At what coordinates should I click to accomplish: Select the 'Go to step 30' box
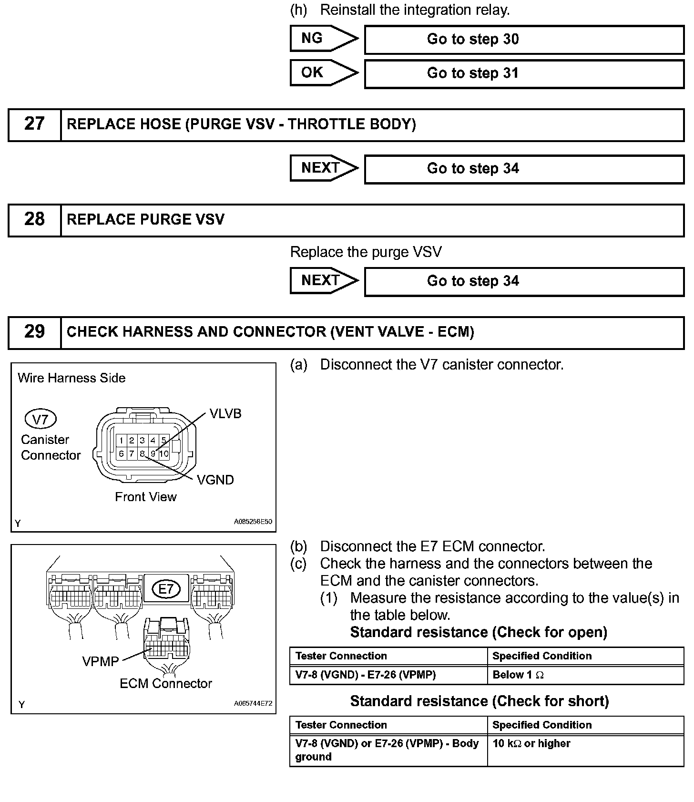click(x=524, y=40)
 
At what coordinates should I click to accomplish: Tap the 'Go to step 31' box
click(x=524, y=73)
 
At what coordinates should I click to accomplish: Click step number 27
click(x=34, y=124)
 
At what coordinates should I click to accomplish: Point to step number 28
click(x=34, y=219)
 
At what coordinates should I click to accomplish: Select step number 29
click(x=34, y=332)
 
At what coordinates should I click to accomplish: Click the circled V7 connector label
click(x=41, y=419)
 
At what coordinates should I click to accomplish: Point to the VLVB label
click(x=225, y=414)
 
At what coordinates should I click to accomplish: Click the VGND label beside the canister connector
click(x=215, y=480)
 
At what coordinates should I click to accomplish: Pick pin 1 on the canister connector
click(x=122, y=441)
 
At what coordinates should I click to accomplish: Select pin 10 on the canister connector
click(x=164, y=453)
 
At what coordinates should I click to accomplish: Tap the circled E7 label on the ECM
click(x=166, y=589)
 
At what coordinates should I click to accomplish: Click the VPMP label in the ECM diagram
click(x=101, y=661)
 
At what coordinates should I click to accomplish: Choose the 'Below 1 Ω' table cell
click(x=585, y=675)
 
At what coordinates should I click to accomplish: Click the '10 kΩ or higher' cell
click(x=585, y=750)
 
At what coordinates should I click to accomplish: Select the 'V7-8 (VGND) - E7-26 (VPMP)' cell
click(x=388, y=675)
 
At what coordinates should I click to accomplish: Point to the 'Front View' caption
click(x=146, y=497)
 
